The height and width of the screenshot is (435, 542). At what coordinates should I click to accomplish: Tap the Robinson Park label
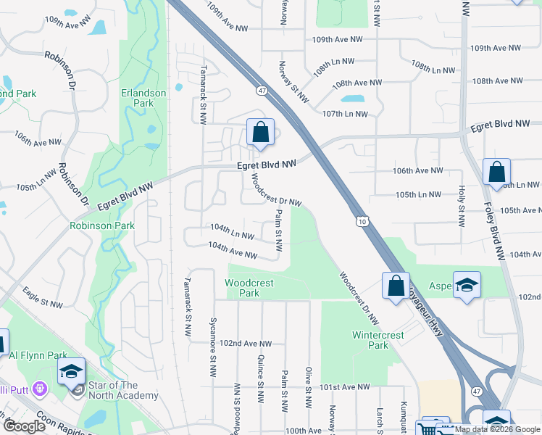[102, 225]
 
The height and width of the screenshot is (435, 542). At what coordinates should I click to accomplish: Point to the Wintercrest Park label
[372, 340]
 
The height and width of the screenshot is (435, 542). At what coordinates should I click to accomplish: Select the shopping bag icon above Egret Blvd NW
[260, 133]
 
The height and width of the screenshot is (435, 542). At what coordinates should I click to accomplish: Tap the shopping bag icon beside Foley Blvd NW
[497, 173]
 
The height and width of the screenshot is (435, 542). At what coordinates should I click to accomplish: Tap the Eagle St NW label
[43, 297]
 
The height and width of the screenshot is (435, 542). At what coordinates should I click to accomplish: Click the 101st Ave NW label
[346, 387]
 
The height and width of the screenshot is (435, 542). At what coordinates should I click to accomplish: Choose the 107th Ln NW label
[345, 114]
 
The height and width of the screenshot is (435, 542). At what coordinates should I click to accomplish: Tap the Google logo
[24, 426]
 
